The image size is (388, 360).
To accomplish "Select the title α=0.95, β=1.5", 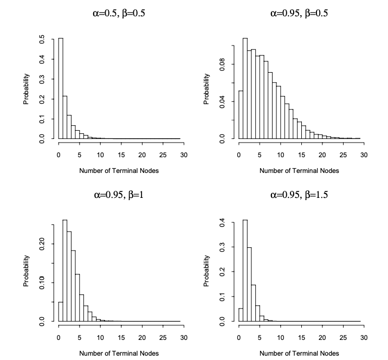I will point(299,195).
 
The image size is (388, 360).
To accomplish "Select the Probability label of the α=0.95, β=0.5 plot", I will point(207,88).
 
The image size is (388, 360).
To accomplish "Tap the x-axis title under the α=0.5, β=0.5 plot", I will point(119,170).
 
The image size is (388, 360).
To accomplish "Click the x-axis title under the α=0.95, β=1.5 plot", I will point(299,352).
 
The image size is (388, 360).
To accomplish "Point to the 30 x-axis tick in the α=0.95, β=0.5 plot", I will point(364,155).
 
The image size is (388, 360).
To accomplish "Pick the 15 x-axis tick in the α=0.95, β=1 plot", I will point(121,337).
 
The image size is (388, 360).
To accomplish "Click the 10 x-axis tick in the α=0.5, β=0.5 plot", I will point(100,155).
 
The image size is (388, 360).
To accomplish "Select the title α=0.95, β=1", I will point(119,195).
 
